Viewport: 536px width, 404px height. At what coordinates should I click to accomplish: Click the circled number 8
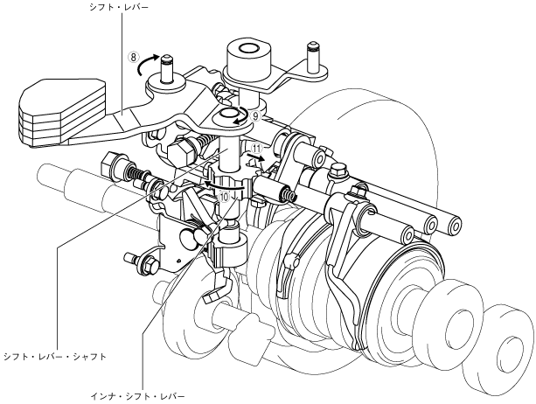(x=134, y=60)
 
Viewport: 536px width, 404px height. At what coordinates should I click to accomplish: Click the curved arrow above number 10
(x=229, y=184)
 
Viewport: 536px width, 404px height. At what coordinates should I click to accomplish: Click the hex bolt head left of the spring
(x=115, y=163)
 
